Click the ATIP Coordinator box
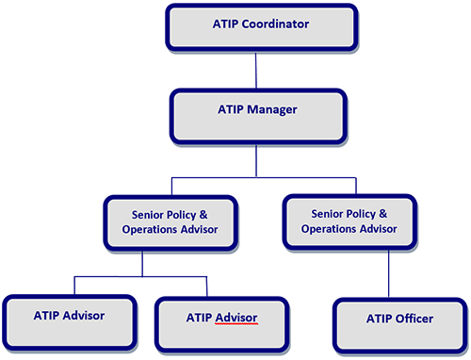point(262,26)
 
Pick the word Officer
point(414,319)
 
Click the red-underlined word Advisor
point(235,318)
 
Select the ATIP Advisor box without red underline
point(69,319)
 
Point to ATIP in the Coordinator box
point(228,23)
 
